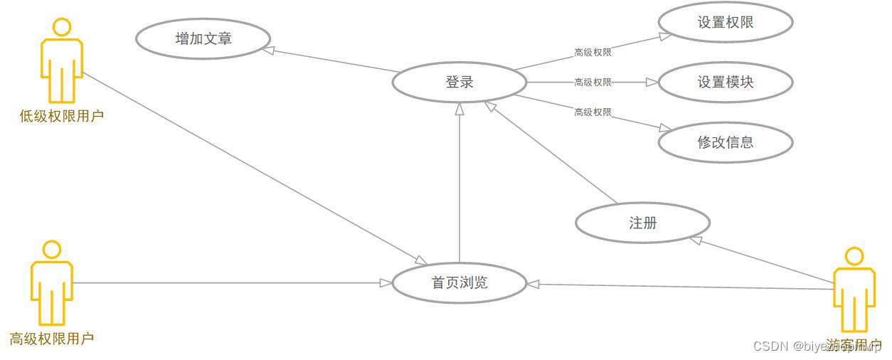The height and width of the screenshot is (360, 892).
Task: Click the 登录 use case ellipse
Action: (x=460, y=83)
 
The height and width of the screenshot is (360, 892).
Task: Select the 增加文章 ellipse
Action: (x=203, y=38)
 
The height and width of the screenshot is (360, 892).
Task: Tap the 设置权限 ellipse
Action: (x=725, y=23)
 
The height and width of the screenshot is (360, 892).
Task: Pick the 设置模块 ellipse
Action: (x=725, y=83)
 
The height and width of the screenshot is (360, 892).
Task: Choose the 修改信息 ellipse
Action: (x=725, y=142)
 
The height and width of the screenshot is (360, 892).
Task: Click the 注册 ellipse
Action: (x=642, y=223)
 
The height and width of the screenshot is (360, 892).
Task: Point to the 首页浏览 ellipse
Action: (x=460, y=283)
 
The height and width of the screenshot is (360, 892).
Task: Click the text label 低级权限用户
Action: (x=62, y=116)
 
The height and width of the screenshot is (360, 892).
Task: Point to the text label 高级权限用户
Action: (x=52, y=339)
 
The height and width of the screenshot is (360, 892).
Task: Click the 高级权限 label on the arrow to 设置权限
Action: (x=593, y=52)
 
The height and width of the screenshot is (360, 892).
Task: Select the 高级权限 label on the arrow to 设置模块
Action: (x=593, y=83)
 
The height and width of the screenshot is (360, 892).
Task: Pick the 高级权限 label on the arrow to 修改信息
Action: (x=593, y=112)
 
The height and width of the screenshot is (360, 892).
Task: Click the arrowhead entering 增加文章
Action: (x=269, y=50)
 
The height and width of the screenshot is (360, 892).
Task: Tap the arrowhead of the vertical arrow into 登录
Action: (x=460, y=109)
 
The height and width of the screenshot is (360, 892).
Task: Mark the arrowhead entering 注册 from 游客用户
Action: (x=696, y=240)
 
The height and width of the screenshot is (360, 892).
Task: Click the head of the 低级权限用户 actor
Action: (x=62, y=28)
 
